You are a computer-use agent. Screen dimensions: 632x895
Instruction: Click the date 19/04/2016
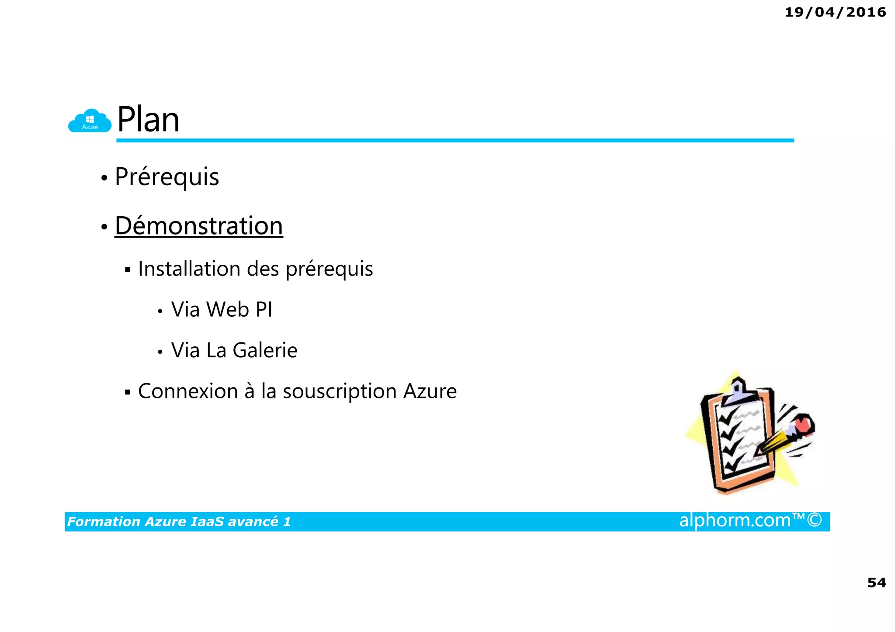835,12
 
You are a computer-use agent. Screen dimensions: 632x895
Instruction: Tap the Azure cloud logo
90,121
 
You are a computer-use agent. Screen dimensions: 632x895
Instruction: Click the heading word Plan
148,120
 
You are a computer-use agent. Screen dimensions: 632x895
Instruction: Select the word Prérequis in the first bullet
167,177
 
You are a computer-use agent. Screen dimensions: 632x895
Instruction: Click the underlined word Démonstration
199,226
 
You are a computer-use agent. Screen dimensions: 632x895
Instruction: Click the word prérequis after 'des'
329,269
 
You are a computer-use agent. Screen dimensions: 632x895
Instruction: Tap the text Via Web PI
222,309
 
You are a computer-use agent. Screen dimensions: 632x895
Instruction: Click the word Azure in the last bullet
430,391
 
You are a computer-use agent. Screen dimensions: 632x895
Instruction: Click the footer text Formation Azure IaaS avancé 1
179,521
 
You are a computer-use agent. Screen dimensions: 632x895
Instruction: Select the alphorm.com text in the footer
735,520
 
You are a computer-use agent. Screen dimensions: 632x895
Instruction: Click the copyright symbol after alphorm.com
814,520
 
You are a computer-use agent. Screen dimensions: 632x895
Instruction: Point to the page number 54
876,583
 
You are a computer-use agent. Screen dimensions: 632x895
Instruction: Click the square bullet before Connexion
128,392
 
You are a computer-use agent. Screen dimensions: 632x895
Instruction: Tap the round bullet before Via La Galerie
160,352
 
